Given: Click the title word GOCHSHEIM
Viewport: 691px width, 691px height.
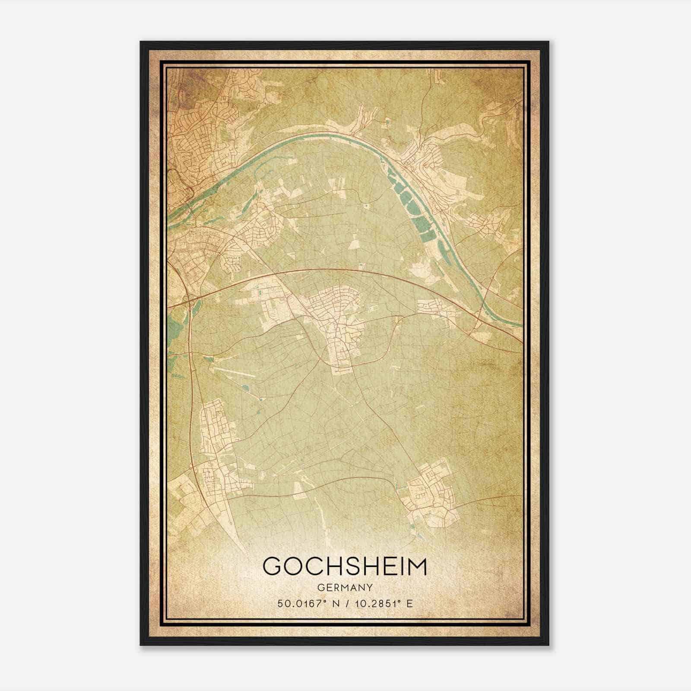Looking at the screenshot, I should coord(344,567).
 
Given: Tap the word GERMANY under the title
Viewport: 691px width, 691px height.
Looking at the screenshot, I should coord(344,588).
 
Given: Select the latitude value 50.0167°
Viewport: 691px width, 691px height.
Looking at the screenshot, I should coord(300,603).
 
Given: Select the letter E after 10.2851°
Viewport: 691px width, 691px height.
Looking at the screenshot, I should coord(409,603).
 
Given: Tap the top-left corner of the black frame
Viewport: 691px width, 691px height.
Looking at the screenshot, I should coord(141,42).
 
